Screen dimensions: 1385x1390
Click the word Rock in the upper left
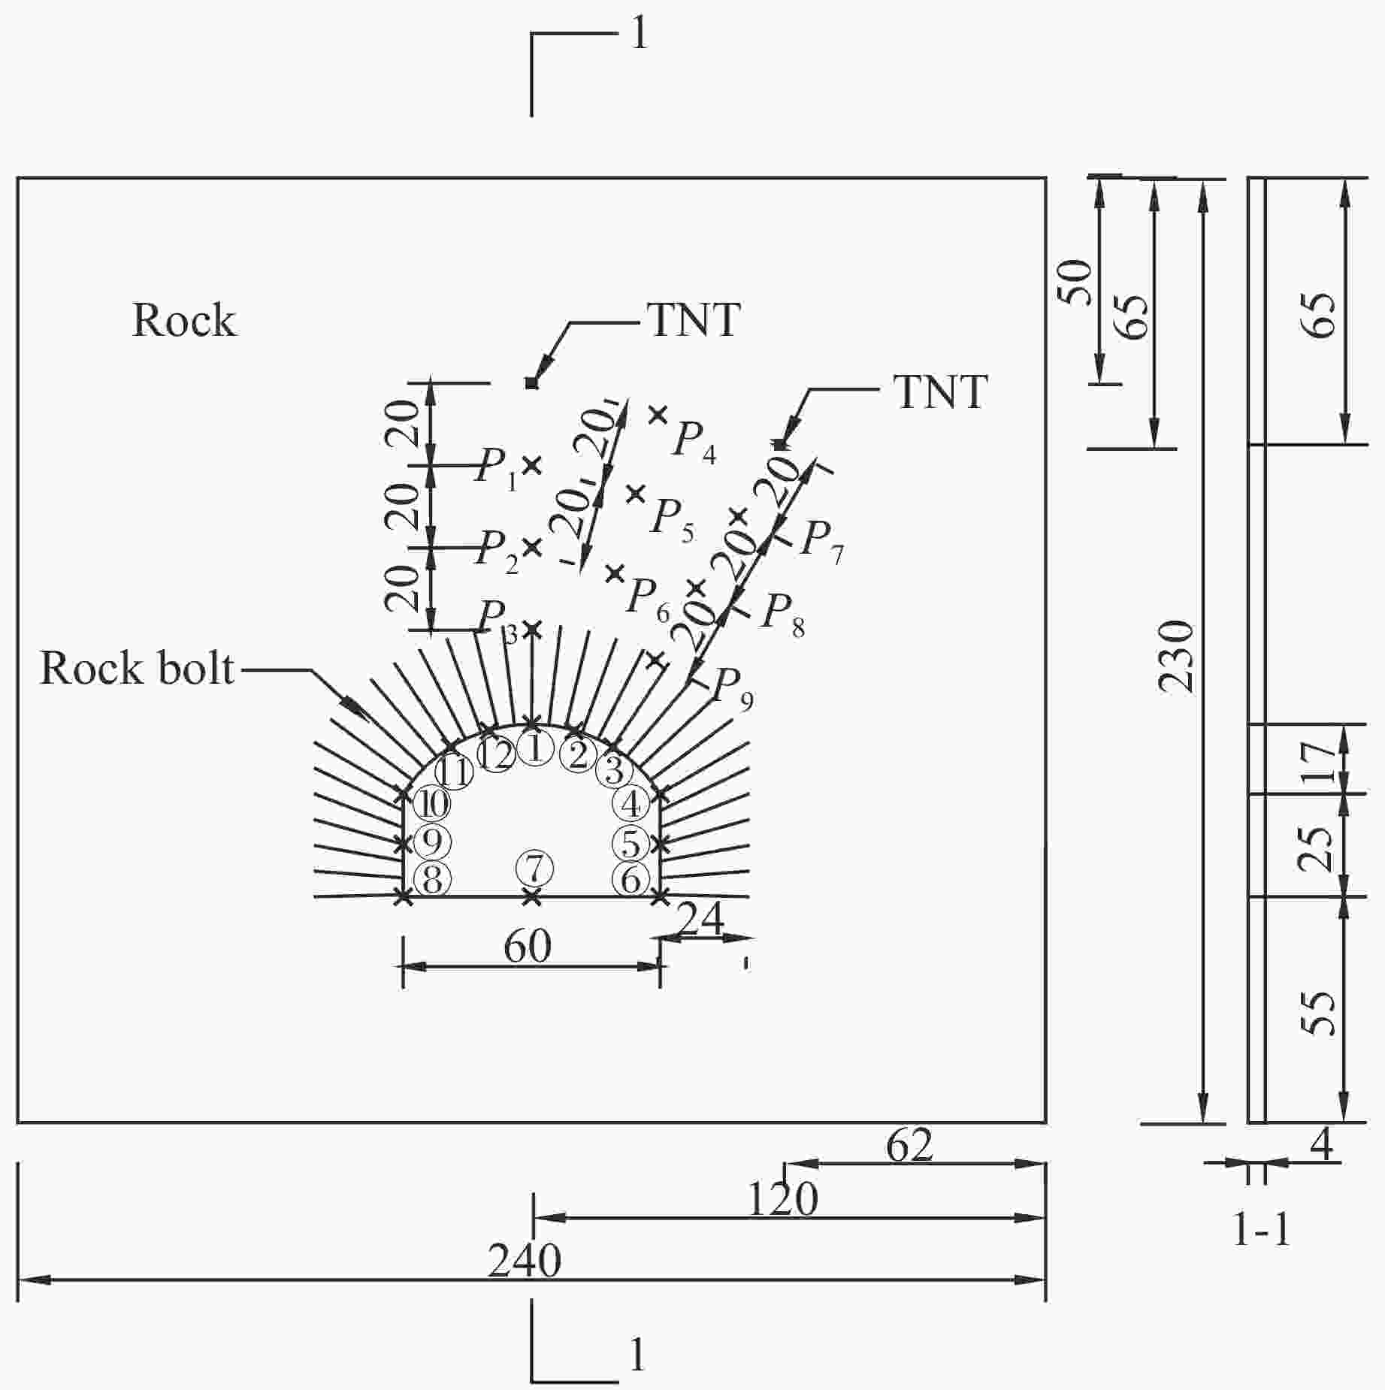pos(184,320)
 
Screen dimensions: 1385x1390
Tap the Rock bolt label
pos(137,668)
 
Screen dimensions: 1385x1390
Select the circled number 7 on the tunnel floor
pos(534,870)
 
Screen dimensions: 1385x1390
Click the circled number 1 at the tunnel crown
pos(535,749)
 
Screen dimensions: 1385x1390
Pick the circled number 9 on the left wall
pos(432,842)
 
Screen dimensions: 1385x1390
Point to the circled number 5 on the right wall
pos(631,843)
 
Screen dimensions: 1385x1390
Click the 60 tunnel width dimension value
pos(528,947)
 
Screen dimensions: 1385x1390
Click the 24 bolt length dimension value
pos(701,917)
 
